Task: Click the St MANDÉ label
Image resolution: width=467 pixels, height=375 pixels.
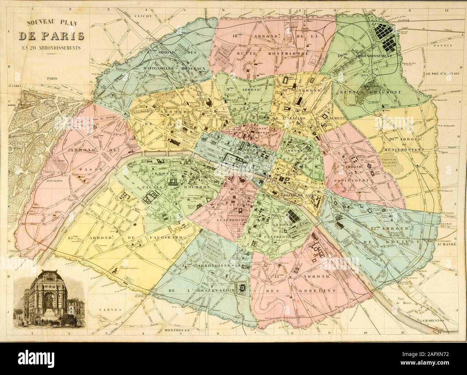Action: click(x=446, y=243)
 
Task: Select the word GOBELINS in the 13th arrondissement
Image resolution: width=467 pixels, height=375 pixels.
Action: click(x=318, y=290)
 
